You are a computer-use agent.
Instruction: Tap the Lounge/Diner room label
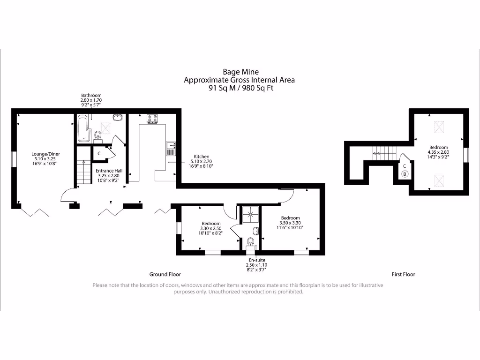[45, 154]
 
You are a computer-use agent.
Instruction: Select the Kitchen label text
[202, 157]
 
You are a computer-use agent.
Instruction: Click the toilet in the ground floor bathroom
[97, 136]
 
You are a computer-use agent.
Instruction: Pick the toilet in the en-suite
[250, 242]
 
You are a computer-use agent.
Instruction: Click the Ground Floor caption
[165, 274]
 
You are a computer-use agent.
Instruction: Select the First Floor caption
[403, 274]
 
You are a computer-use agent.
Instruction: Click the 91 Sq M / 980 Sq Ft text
[239, 88]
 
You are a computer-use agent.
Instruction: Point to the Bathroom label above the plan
[91, 96]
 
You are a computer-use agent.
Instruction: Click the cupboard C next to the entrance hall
[99, 153]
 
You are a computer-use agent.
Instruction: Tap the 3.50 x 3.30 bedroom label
[291, 223]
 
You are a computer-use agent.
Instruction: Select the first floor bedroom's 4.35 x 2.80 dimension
[438, 152]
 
